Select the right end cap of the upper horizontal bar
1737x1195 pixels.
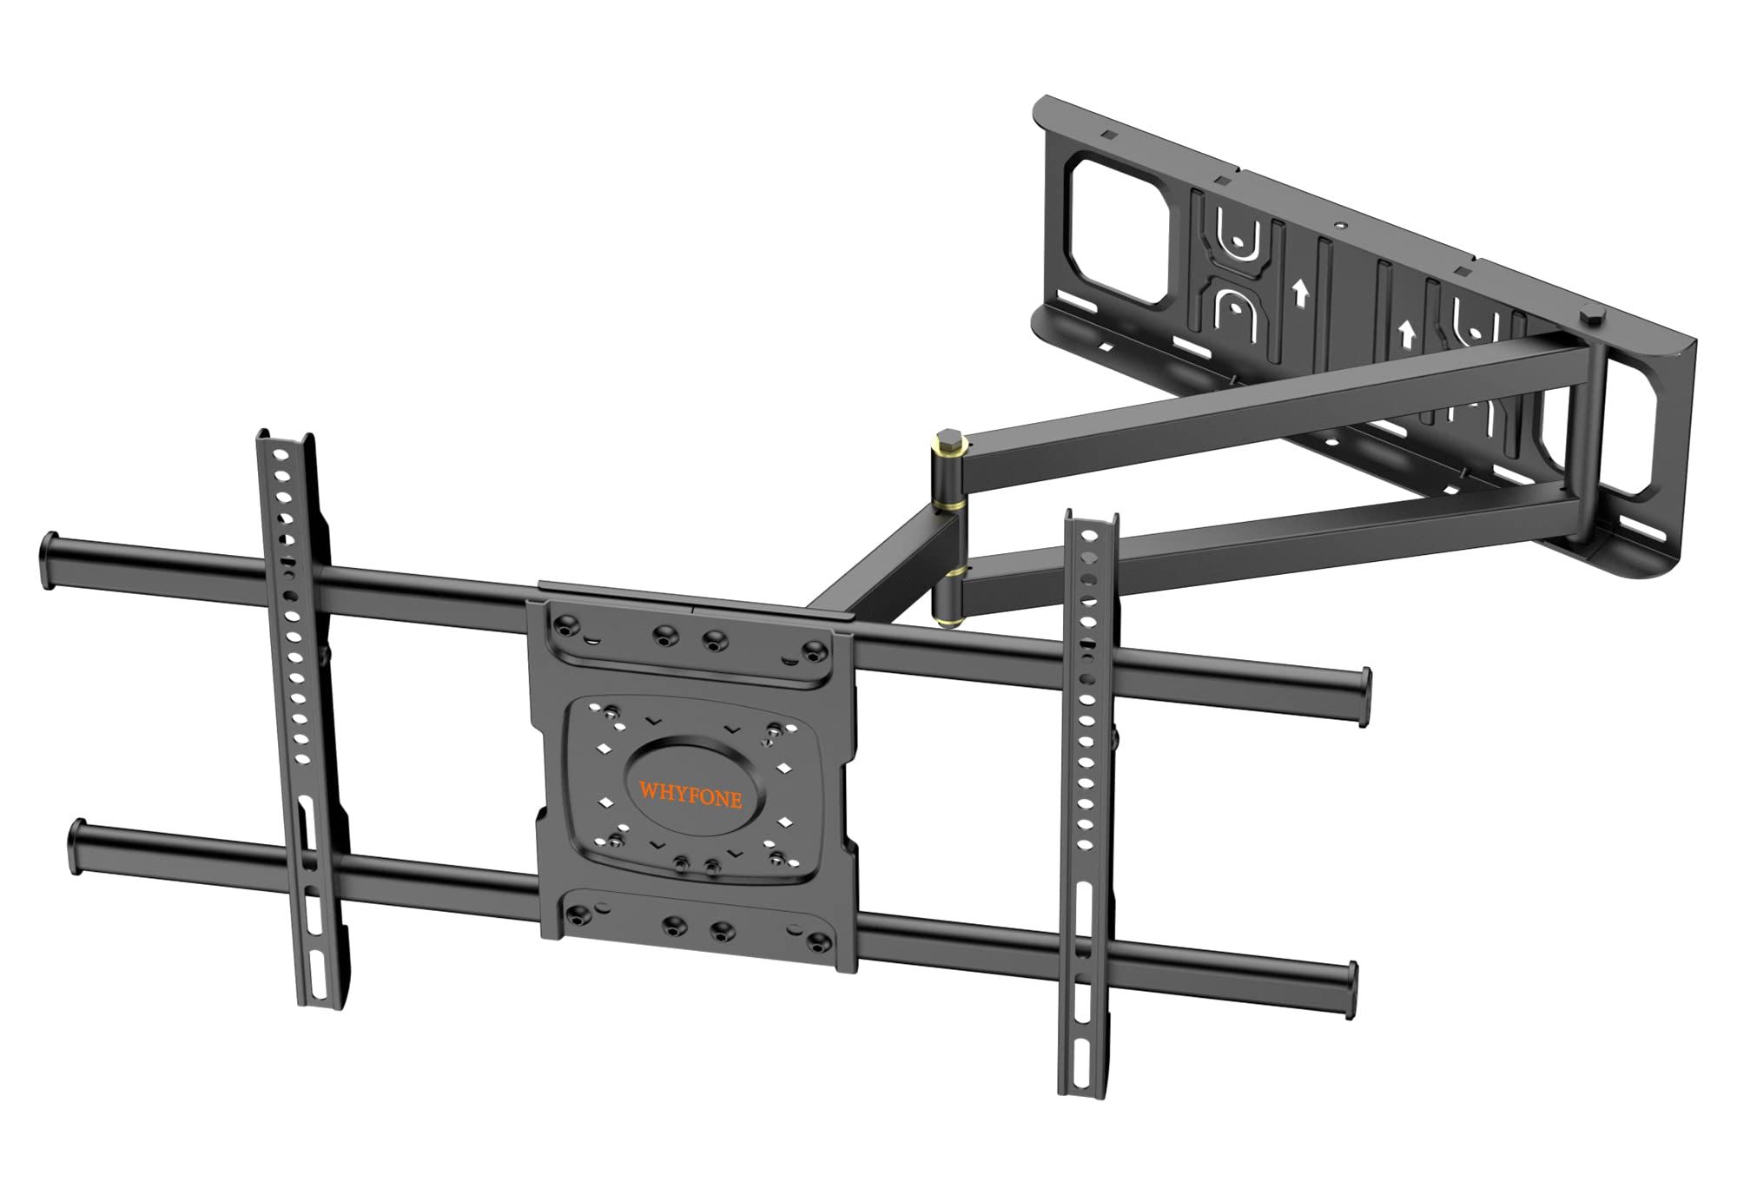click(1364, 696)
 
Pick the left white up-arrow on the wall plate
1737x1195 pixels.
click(1300, 295)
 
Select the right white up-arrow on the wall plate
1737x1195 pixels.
click(1404, 333)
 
